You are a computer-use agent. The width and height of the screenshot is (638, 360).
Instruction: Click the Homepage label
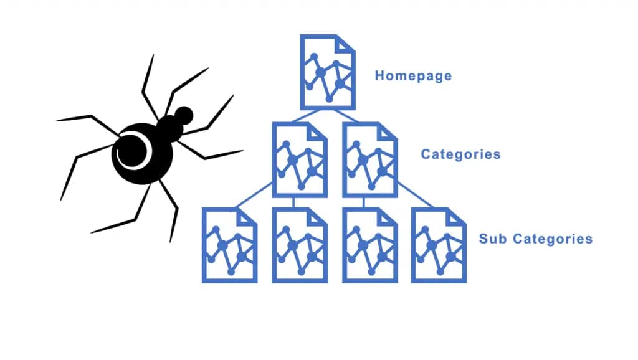click(x=413, y=76)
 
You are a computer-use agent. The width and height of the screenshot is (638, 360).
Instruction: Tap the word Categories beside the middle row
click(x=460, y=154)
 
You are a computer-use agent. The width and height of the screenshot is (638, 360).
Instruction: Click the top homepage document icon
click(x=328, y=72)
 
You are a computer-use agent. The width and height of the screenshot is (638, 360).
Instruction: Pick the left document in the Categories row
click(x=300, y=160)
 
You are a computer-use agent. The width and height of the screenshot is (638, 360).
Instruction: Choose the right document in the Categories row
click(x=370, y=160)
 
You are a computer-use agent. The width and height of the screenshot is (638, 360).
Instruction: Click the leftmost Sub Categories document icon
click(x=229, y=245)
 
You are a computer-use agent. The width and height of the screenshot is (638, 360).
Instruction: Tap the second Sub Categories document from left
click(x=300, y=245)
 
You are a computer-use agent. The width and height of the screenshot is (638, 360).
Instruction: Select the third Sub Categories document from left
click(x=370, y=245)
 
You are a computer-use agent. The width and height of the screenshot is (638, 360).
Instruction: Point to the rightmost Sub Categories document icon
click(x=439, y=245)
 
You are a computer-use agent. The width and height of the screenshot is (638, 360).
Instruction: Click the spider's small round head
click(x=184, y=115)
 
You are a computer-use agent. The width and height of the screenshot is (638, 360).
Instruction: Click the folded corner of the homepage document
click(x=344, y=44)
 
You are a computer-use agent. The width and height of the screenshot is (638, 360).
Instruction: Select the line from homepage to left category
click(x=306, y=115)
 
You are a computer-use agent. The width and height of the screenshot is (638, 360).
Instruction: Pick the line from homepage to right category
click(x=346, y=115)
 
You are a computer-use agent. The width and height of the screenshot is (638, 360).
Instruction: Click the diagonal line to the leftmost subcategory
click(x=253, y=195)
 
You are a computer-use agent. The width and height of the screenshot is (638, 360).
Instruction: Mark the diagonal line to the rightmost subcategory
click(x=416, y=195)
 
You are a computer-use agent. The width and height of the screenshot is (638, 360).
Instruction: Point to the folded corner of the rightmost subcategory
click(x=455, y=217)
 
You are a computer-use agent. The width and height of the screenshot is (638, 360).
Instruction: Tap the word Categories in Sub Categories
click(x=553, y=239)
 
